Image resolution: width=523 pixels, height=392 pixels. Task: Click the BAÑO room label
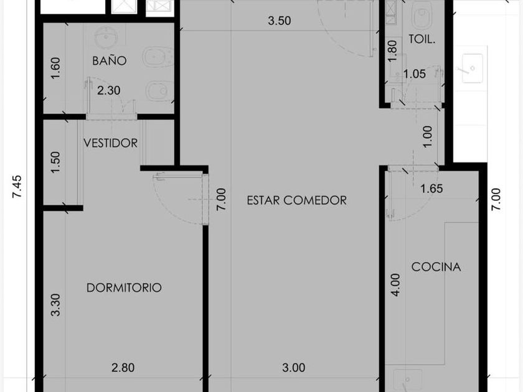point(110,60)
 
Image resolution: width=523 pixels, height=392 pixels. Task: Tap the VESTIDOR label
point(110,143)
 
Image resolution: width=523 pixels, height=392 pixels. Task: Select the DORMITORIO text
point(124,287)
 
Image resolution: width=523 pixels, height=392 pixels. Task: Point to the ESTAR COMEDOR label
point(296,200)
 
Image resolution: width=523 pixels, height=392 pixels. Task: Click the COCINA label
point(436,267)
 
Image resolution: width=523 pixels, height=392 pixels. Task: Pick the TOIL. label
point(422,39)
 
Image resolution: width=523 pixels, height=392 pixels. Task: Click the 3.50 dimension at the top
point(280,21)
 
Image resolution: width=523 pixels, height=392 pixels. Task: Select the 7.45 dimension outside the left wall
point(17,187)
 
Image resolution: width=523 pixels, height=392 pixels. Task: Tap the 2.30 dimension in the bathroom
point(109,90)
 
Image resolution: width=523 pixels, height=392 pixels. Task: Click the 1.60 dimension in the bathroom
point(55,68)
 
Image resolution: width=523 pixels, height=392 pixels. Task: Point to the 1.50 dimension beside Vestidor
point(55,162)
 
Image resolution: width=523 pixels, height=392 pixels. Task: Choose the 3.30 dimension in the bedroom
point(55,305)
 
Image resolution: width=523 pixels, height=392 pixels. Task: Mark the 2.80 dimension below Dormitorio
point(123,368)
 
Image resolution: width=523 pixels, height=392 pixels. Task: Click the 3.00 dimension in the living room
point(293,368)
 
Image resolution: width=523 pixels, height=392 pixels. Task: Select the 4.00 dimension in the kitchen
point(395,285)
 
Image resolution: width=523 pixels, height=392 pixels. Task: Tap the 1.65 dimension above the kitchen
point(431,189)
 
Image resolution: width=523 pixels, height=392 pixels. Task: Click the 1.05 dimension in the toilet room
point(414,73)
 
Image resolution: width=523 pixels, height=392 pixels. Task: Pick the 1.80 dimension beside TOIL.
point(393,51)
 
